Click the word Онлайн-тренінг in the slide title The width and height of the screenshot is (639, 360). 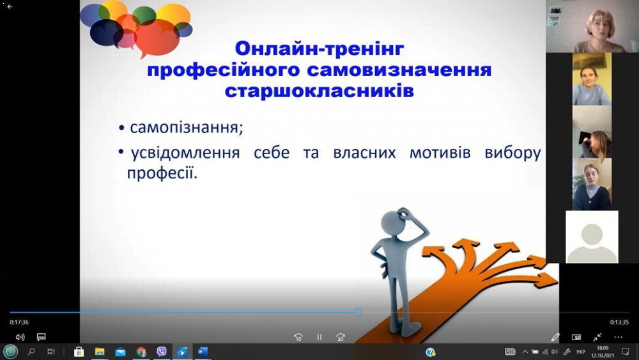(319, 49)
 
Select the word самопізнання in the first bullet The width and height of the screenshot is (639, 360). (186, 128)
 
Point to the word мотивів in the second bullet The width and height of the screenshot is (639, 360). (440, 152)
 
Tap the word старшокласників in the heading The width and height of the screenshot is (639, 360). (319, 91)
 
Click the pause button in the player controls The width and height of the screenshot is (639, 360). (319, 337)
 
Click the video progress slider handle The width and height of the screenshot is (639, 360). (358, 312)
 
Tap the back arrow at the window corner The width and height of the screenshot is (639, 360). (10, 6)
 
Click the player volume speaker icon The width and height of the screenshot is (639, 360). (20, 337)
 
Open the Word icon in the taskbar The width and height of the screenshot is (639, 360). (203, 352)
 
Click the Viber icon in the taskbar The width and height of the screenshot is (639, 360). (162, 352)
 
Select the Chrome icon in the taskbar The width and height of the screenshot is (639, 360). (141, 352)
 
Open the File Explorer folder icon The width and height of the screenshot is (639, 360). (100, 352)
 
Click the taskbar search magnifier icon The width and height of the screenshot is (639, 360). (31, 352)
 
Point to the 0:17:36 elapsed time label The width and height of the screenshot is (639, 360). (19, 322)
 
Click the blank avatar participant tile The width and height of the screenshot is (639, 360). (592, 237)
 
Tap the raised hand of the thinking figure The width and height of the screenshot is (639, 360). (404, 213)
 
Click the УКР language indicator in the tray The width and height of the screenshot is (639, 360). (581, 352)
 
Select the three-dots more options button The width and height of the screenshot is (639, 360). (618, 337)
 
